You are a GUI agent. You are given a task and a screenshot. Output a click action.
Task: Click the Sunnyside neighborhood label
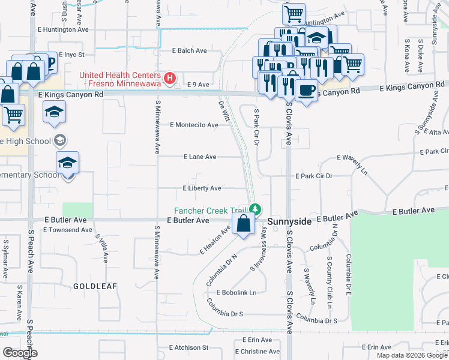pos(289,221)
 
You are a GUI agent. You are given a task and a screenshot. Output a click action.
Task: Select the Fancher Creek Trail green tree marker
pos(256,209)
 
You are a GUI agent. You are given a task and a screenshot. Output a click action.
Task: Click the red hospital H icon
pos(170,77)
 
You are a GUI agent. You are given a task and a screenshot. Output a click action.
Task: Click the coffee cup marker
pos(307,90)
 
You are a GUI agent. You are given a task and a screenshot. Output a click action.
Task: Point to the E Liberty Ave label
pos(202,188)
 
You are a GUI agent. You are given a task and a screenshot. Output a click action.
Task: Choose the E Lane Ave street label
pos(200,157)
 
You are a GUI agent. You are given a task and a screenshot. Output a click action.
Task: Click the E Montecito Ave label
pos(194,125)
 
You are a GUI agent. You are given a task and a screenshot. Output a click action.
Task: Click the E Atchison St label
pos(188,347)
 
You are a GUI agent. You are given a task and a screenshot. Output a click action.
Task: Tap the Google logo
pos(20,353)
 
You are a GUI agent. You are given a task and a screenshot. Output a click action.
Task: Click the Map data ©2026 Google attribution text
pos(411,355)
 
